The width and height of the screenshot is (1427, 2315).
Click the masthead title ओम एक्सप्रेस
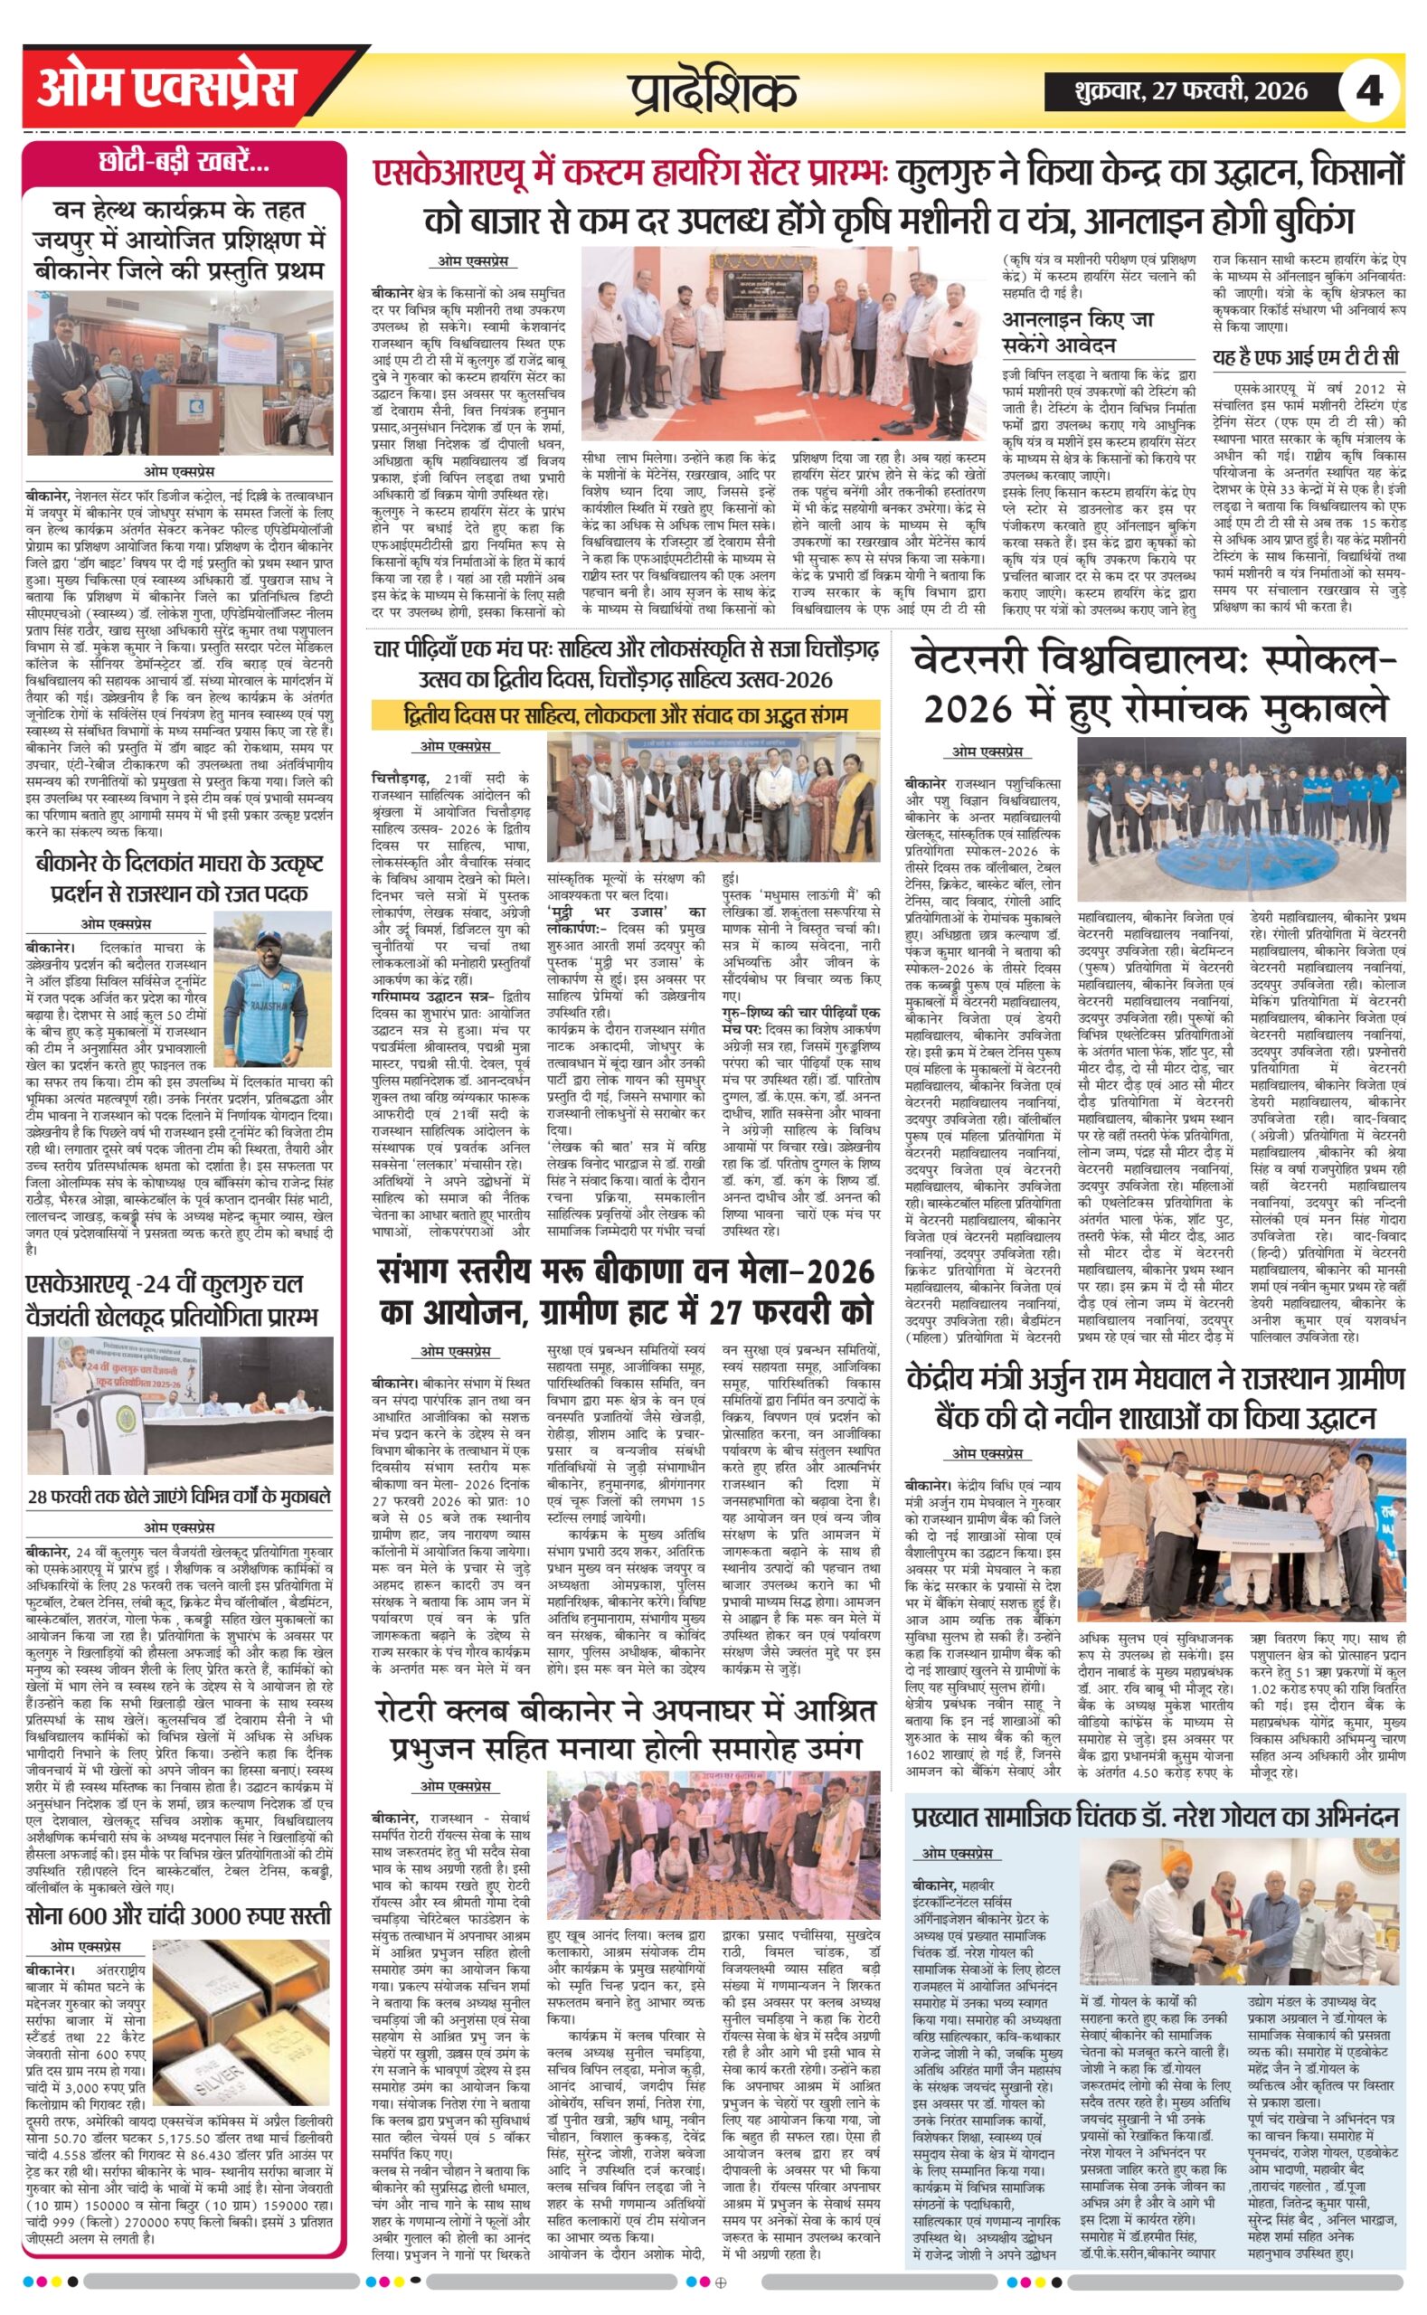click(x=166, y=89)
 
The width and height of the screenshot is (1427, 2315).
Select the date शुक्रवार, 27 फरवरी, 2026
click(x=1190, y=91)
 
